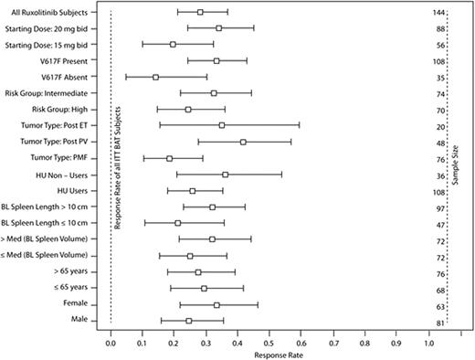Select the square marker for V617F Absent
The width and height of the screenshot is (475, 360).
tap(155, 78)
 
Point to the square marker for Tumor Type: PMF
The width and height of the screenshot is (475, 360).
tap(170, 158)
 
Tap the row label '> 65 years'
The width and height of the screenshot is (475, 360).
tap(69, 271)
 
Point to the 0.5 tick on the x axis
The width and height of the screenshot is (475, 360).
tap(269, 334)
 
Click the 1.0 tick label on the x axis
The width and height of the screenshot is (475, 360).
tap(428, 344)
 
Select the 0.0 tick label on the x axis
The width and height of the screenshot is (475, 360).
tap(111, 344)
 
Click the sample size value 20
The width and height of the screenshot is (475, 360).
tap(440, 126)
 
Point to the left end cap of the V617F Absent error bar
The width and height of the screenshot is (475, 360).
tap(125, 78)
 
